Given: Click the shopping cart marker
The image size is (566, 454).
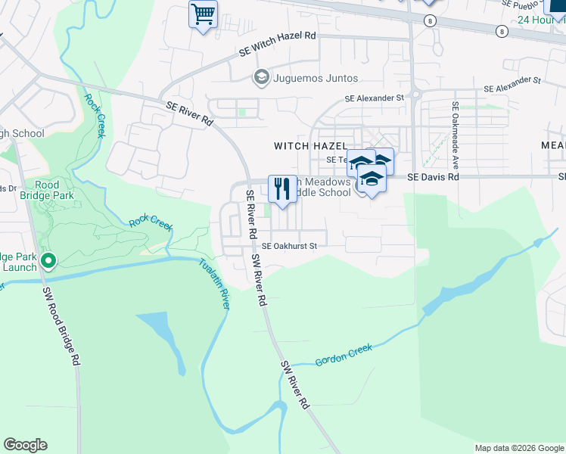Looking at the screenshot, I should tap(203, 14).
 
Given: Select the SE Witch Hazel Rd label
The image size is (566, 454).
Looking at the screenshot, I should tap(278, 45).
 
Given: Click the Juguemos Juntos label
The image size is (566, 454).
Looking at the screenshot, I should tap(316, 78).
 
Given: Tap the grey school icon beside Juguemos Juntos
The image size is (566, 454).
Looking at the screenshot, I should tap(261, 77).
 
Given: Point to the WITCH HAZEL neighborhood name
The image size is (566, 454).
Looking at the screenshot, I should tap(310, 145).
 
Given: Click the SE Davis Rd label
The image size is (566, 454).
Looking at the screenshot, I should tap(433, 177).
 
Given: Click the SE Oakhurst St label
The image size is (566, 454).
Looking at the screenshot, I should tap(289, 246).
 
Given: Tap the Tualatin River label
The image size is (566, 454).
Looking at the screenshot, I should tap(216, 283).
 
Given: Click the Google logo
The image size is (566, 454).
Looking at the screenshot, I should tap(25, 445).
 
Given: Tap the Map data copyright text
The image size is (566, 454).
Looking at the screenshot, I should tap(519, 448).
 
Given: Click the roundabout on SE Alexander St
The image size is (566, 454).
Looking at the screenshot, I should tap(415, 95).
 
